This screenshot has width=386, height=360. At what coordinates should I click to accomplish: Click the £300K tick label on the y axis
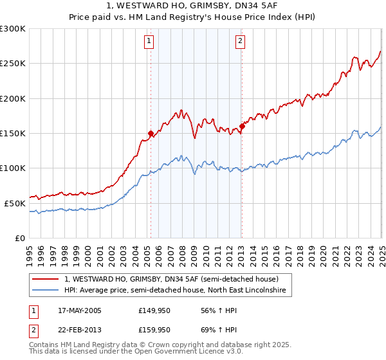13,29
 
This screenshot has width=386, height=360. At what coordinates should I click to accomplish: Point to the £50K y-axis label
15,203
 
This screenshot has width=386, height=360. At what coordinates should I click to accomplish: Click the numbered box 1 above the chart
149,42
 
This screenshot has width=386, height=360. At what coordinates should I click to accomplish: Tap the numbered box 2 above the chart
240,42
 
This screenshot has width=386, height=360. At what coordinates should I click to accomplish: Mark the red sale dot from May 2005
151,134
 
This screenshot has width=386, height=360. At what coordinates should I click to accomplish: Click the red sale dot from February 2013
242,127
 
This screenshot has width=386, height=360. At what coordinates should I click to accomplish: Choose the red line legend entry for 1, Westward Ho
171,280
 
